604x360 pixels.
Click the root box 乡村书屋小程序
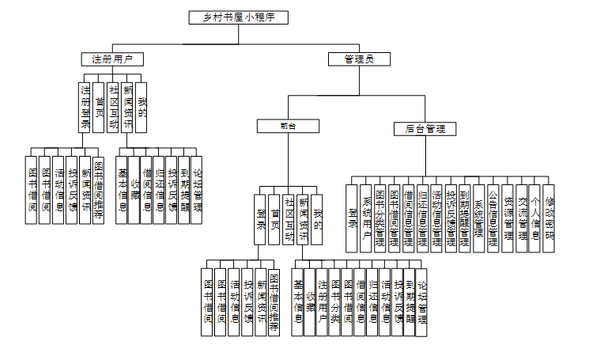click(x=238, y=17)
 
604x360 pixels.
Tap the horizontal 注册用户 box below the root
click(x=112, y=59)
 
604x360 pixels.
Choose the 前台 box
click(x=287, y=126)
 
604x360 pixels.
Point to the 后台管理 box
click(x=425, y=128)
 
